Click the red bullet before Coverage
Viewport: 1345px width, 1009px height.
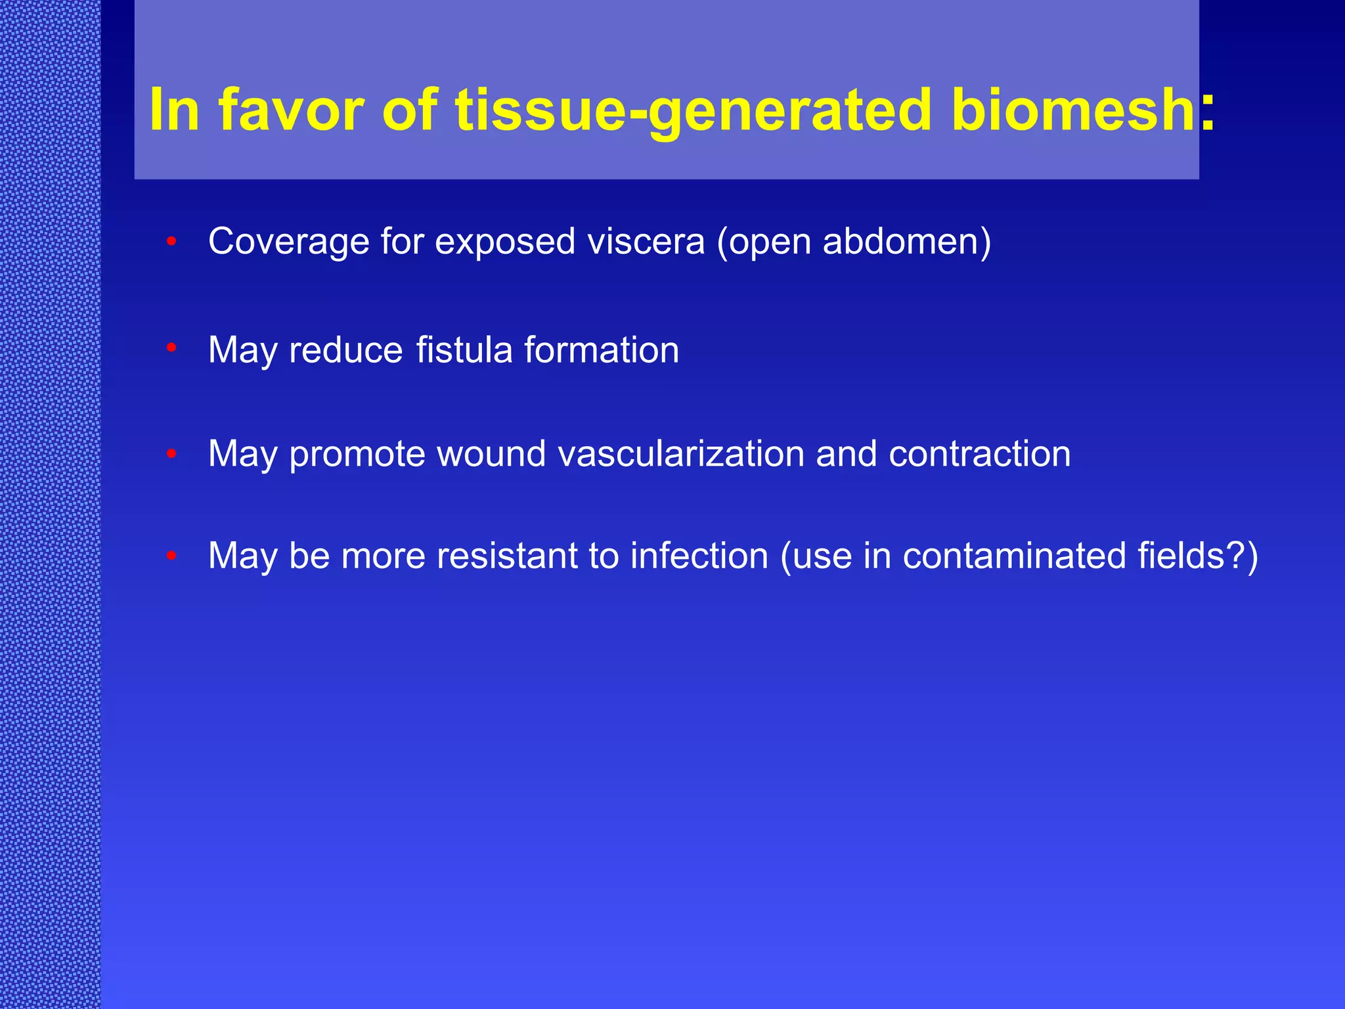[171, 242]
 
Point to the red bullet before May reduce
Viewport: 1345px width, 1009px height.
[171, 348]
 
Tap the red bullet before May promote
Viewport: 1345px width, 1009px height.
[171, 453]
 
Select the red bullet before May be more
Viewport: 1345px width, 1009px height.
[171, 556]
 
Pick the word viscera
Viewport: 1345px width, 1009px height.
[646, 242]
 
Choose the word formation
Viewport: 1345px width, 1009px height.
[602, 349]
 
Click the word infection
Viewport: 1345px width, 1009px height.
[699, 556]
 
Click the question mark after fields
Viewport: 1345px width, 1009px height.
[1235, 556]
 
